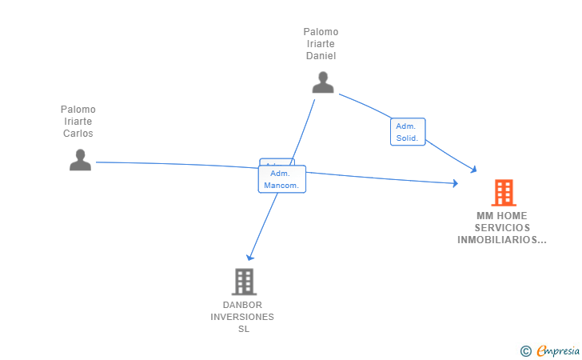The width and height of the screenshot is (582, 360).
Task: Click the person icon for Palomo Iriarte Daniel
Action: click(x=323, y=82)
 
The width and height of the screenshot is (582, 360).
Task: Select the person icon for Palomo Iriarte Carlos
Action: click(x=80, y=160)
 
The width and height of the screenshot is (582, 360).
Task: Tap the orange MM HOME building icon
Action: click(x=504, y=193)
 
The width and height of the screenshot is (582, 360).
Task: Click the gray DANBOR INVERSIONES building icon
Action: click(x=245, y=282)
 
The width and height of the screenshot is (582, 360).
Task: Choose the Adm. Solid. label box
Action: click(x=408, y=132)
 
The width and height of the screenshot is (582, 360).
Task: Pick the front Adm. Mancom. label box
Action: click(x=281, y=179)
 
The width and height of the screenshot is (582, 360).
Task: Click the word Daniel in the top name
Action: click(x=321, y=56)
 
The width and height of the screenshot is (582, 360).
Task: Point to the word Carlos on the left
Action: click(x=78, y=134)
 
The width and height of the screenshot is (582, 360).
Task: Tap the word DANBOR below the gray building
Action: click(x=242, y=305)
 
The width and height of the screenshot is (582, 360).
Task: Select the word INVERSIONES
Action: click(x=242, y=317)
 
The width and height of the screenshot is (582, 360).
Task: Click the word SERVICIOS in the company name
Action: click(x=502, y=228)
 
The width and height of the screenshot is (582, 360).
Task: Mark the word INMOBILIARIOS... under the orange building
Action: click(x=502, y=240)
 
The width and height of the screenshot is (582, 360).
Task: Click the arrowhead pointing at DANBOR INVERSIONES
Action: click(x=249, y=257)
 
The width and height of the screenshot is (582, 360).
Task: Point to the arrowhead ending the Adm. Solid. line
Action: click(x=473, y=170)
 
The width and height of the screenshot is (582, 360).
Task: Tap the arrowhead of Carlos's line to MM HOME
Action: click(x=456, y=182)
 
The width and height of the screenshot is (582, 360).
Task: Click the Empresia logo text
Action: click(x=558, y=350)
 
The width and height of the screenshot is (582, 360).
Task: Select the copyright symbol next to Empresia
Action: click(x=526, y=351)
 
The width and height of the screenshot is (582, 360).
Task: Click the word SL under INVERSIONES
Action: click(x=244, y=329)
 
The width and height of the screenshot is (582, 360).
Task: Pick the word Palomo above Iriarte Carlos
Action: click(x=78, y=110)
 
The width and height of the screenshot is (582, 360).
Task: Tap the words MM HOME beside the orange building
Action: click(x=502, y=216)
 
